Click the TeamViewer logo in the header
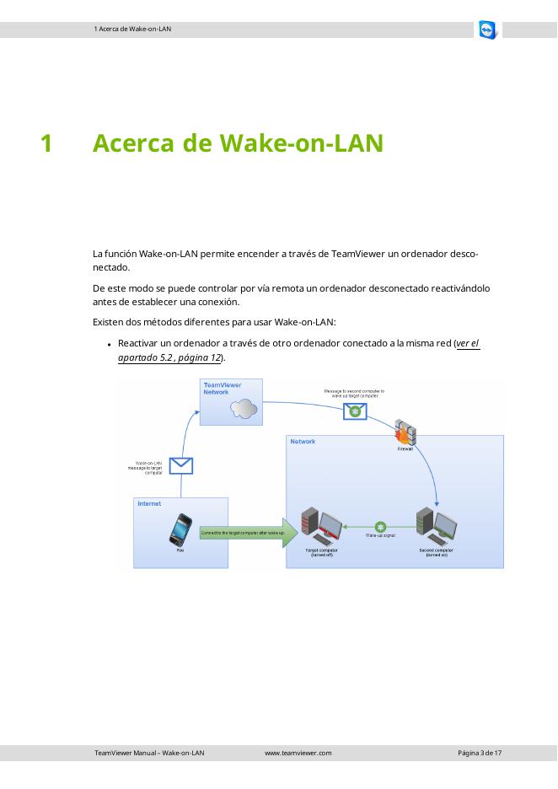(487, 30)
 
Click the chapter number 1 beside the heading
(47, 143)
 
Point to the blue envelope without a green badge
(181, 464)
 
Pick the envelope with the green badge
(355, 411)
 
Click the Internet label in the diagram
(149, 503)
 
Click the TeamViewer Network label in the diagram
(223, 388)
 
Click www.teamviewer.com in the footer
(298, 753)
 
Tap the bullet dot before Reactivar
(110, 344)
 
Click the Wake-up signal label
(380, 536)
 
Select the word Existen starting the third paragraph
(110, 321)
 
